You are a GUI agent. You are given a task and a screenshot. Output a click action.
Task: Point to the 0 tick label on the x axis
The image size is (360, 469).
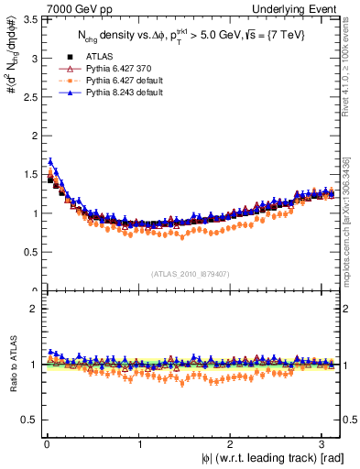pyautogui.click(x=47, y=445)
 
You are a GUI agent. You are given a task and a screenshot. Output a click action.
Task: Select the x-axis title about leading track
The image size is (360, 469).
pyautogui.click(x=272, y=458)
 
